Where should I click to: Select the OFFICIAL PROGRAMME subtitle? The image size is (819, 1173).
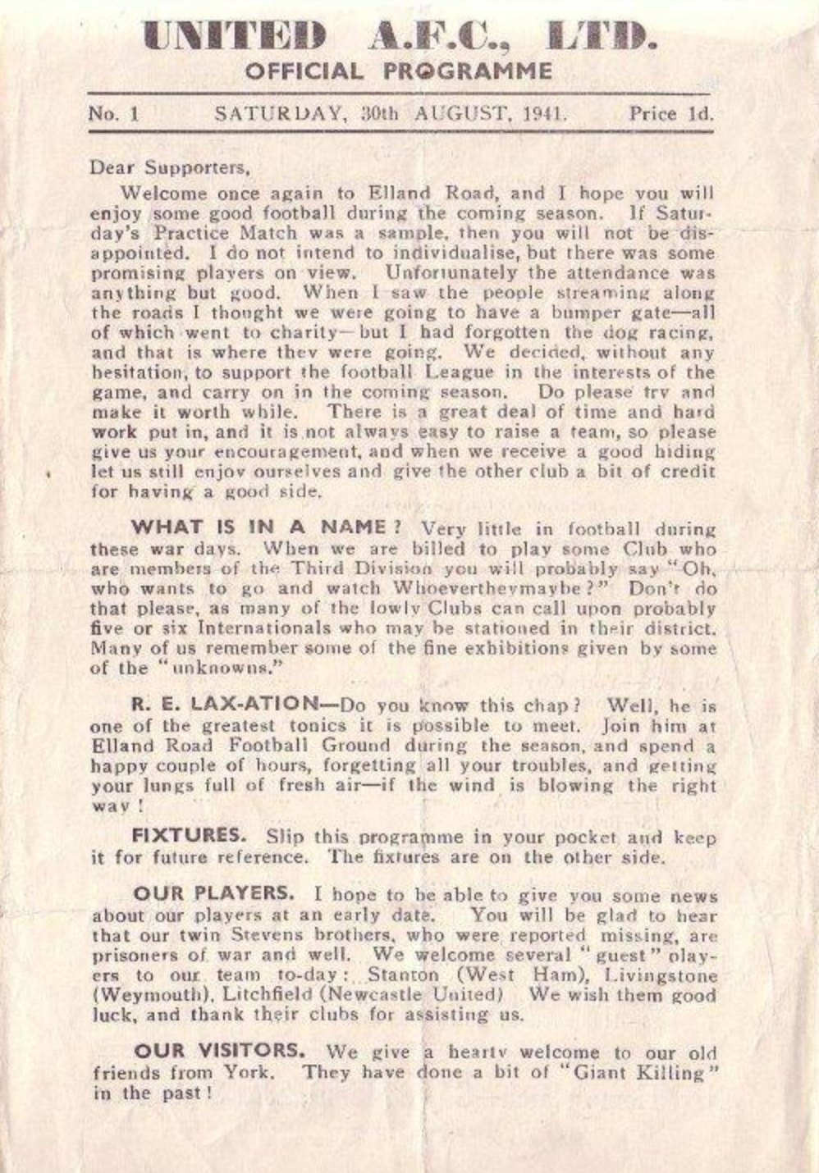click(399, 71)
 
